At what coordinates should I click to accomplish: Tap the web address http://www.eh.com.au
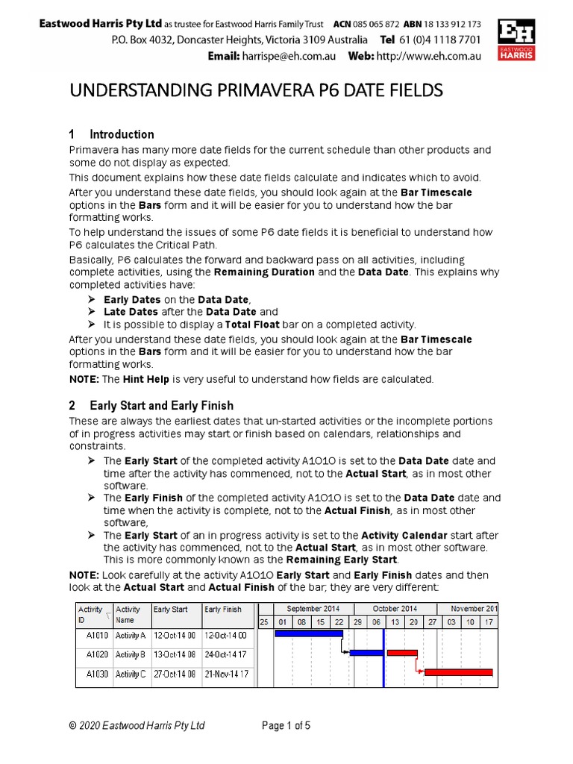(x=428, y=56)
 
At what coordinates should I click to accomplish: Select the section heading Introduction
(x=122, y=134)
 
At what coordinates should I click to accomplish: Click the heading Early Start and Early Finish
(x=161, y=406)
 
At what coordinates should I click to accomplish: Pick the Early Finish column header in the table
(x=223, y=610)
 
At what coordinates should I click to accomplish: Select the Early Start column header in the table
(x=171, y=610)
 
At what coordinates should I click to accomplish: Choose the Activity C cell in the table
(x=131, y=674)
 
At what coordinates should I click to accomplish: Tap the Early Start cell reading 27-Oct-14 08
(x=175, y=674)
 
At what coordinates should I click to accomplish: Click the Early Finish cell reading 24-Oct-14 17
(x=226, y=654)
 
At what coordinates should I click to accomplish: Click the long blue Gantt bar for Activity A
(x=308, y=633)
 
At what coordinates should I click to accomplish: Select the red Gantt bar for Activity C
(x=458, y=672)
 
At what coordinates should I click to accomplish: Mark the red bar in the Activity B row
(x=401, y=652)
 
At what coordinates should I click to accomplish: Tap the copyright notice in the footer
(x=137, y=725)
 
